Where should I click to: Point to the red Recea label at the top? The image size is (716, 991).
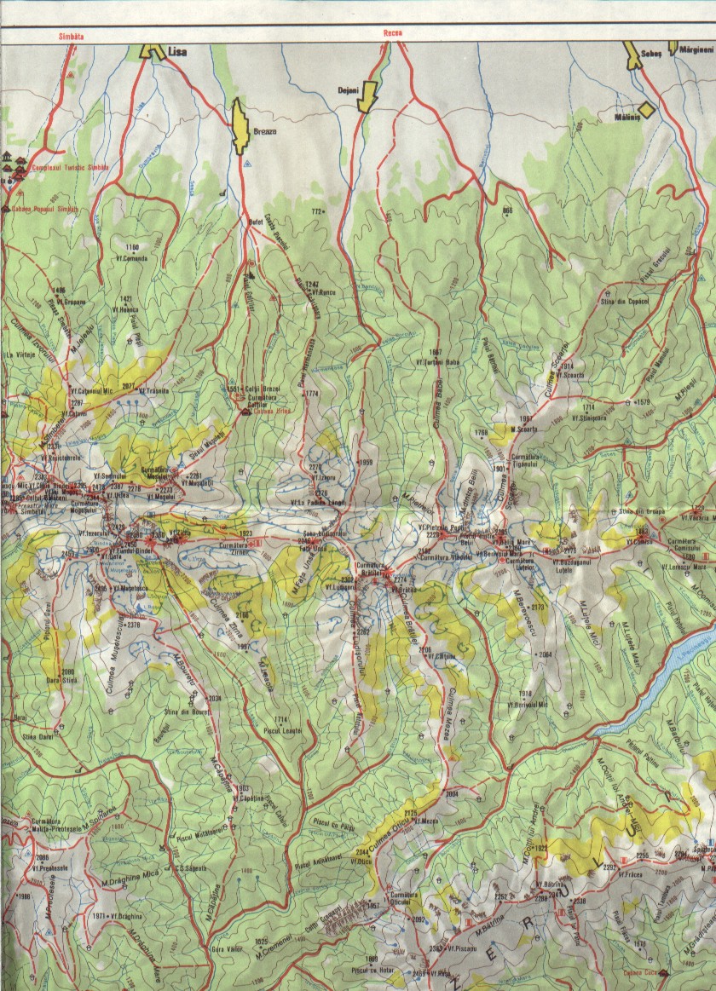(393, 35)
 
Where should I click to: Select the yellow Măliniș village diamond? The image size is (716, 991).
(647, 109)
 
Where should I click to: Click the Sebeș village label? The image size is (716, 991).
(651, 52)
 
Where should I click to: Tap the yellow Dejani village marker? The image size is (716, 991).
(368, 95)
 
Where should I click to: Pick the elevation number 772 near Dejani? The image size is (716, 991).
(320, 210)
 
